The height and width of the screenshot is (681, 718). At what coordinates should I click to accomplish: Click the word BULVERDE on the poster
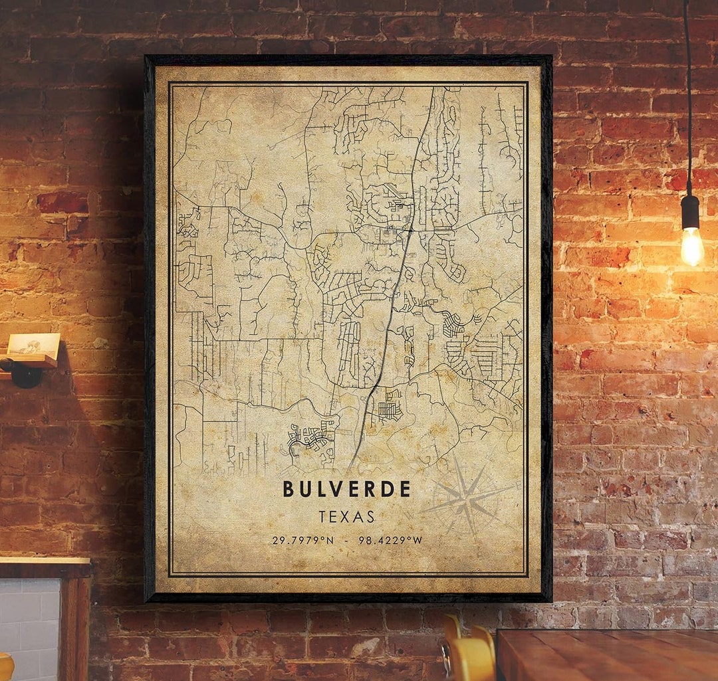tap(346, 489)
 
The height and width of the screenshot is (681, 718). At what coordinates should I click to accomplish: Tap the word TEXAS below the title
tap(346, 516)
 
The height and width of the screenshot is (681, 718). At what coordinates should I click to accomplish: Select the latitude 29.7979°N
tap(303, 540)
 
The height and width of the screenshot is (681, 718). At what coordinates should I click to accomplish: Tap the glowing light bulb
tap(691, 246)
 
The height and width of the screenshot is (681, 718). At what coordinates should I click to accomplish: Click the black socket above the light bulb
tap(691, 211)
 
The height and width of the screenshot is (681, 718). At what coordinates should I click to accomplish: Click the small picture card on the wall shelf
tap(33, 343)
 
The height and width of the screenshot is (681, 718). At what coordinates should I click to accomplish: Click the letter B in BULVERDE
tap(289, 489)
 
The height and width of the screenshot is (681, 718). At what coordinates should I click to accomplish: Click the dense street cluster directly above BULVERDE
tap(311, 437)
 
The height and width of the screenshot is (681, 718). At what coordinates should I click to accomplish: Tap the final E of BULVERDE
tap(405, 489)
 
